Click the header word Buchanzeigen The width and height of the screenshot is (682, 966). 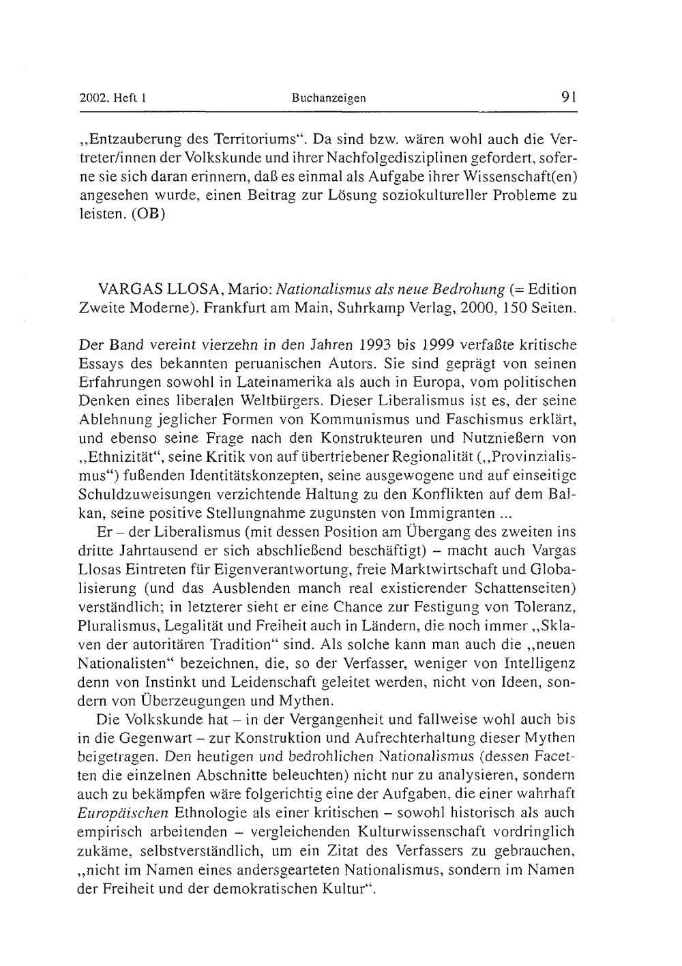(x=329, y=98)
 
